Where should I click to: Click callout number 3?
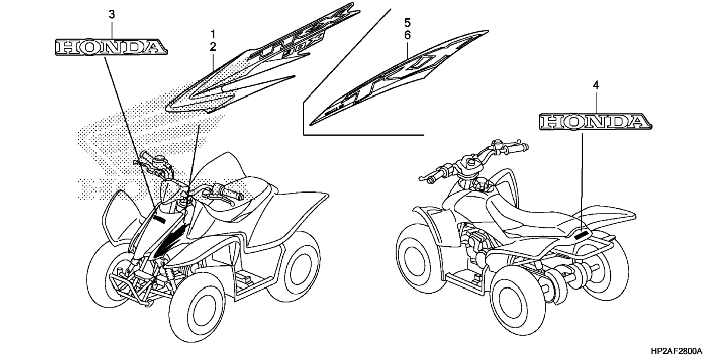(x=111, y=15)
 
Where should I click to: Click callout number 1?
(x=213, y=35)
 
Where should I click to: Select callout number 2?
(x=213, y=47)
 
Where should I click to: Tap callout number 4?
(x=596, y=86)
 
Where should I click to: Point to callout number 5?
(x=407, y=23)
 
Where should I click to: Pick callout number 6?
(x=407, y=35)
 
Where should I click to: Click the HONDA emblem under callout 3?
(x=111, y=47)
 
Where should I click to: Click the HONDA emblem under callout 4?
(x=595, y=122)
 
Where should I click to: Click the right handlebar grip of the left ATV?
(x=232, y=193)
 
